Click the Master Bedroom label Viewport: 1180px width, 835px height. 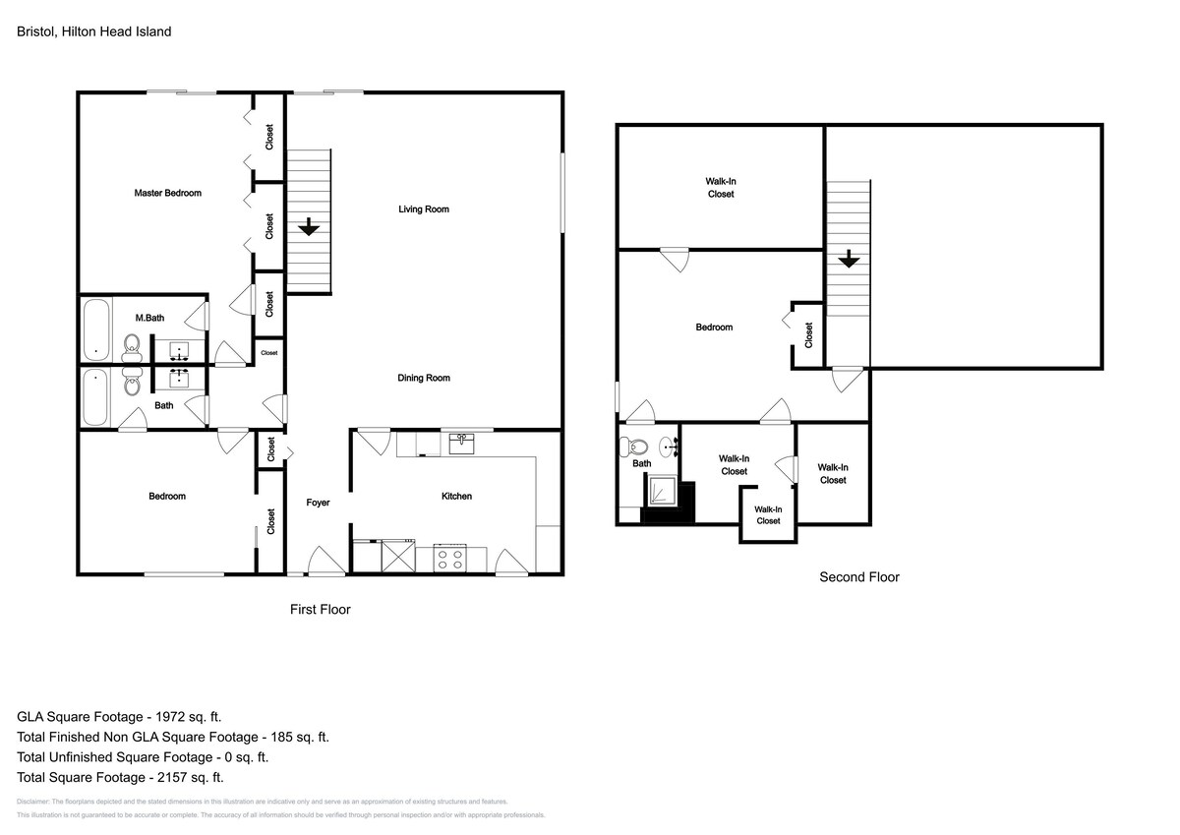[167, 193]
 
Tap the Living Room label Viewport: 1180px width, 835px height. [424, 209]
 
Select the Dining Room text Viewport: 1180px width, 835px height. [424, 378]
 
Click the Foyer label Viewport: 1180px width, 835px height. [318, 503]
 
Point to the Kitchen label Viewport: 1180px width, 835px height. [456, 496]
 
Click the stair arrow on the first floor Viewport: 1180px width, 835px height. [309, 226]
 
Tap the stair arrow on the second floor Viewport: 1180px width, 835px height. [849, 259]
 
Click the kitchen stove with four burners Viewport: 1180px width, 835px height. [450, 559]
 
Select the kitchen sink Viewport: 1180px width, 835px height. [461, 444]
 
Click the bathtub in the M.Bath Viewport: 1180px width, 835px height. [96, 329]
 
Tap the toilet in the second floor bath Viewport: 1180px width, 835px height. [634, 447]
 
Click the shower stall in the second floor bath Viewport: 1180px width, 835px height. [662, 491]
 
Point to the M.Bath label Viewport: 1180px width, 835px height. [149, 318]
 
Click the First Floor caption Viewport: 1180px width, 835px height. [321, 610]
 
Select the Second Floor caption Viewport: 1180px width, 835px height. [859, 577]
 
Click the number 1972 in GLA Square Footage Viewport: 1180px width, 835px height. [170, 716]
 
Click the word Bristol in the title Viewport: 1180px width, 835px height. [35, 31]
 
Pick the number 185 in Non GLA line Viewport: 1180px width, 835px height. [282, 737]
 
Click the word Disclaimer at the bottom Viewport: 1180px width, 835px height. [32, 802]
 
